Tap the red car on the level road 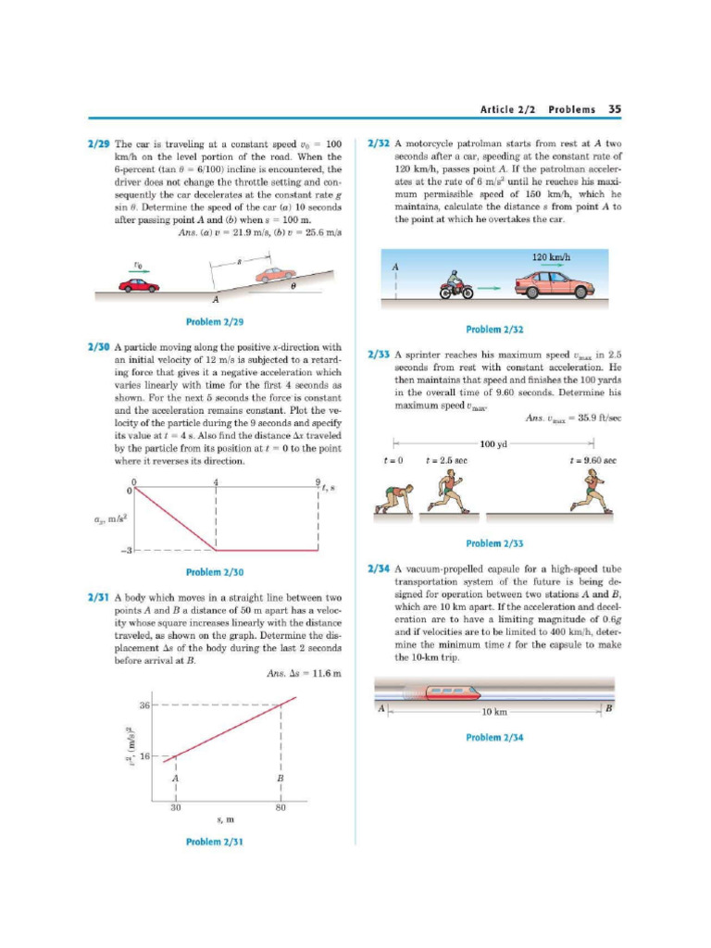[139, 285]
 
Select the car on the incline [275, 275]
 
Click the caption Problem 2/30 [215, 571]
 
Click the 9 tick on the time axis [318, 482]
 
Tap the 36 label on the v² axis [144, 705]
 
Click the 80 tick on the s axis [281, 805]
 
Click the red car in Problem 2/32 [554, 284]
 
